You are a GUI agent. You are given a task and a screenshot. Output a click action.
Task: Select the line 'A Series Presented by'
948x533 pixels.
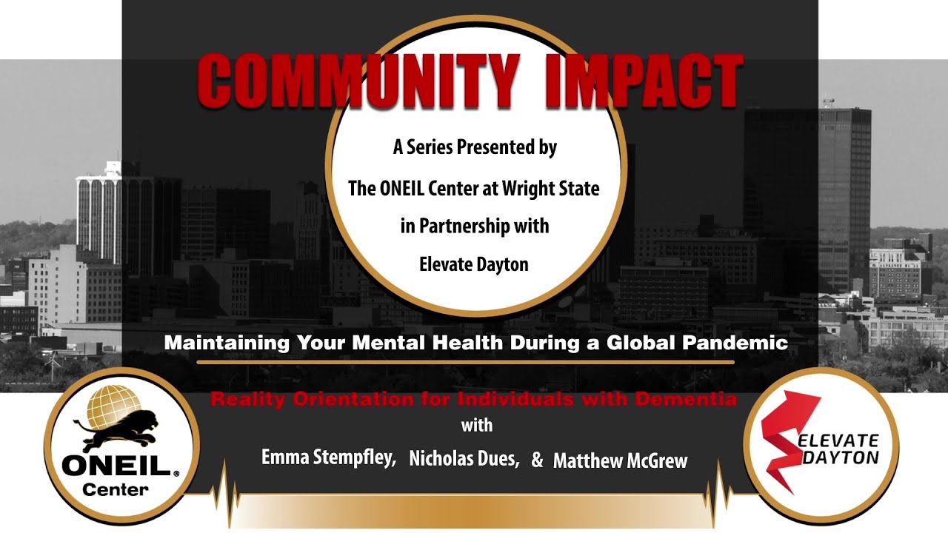click(x=475, y=147)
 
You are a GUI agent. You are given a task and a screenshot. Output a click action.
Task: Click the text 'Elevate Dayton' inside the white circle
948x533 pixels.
click(x=475, y=264)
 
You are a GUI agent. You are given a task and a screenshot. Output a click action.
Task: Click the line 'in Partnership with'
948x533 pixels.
click(x=475, y=226)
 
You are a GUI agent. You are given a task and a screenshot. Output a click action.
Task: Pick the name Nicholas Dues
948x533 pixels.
click(x=464, y=459)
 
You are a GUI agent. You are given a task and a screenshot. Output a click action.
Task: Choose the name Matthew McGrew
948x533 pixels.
click(x=620, y=461)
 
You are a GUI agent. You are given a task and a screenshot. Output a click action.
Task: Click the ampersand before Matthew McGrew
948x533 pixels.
click(x=537, y=460)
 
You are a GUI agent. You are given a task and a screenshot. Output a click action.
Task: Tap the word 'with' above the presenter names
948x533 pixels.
click(x=476, y=426)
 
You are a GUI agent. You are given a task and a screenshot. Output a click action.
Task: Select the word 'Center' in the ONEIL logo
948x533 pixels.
click(x=116, y=489)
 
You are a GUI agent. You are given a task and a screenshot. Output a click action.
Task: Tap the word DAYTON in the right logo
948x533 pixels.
click(x=841, y=457)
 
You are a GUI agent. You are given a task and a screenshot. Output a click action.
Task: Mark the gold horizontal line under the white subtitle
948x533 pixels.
click(x=465, y=363)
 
